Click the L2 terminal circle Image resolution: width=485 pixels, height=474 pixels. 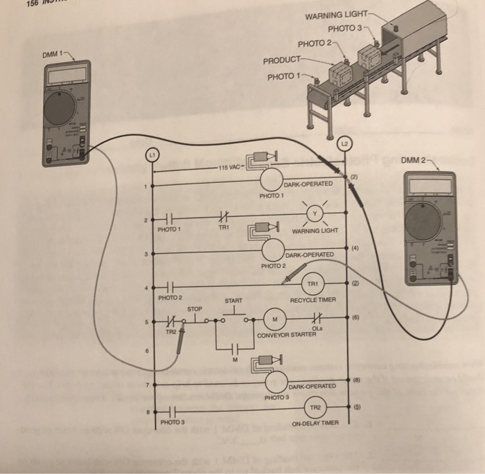345,144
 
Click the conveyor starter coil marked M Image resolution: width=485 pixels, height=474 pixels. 275,319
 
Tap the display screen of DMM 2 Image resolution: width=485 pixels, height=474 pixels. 430,185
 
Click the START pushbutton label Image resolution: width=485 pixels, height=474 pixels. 233,301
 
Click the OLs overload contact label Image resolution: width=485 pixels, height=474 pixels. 317,328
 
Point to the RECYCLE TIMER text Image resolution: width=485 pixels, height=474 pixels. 312,300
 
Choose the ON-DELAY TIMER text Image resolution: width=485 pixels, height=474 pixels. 315,423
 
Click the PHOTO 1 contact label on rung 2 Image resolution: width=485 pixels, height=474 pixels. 168,228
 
